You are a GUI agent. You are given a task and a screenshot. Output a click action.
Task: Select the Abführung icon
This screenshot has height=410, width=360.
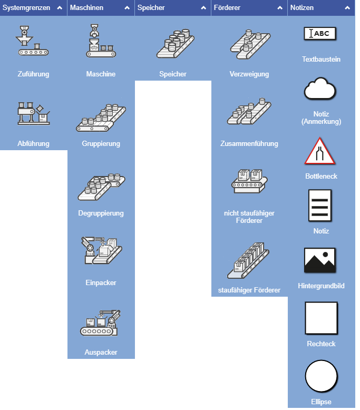(x=33, y=113)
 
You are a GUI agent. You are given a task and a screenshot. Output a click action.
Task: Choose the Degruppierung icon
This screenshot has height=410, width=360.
(x=101, y=187)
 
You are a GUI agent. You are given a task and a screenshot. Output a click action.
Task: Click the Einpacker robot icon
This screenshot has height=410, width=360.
(x=101, y=251)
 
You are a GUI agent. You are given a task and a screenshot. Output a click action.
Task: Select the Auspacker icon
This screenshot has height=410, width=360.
(x=101, y=323)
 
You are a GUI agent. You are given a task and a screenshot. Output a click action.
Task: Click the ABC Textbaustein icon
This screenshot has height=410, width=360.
(x=321, y=34)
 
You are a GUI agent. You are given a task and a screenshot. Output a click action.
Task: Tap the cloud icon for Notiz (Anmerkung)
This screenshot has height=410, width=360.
(x=321, y=89)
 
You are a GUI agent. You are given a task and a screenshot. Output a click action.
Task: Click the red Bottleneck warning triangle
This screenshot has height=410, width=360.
(x=321, y=152)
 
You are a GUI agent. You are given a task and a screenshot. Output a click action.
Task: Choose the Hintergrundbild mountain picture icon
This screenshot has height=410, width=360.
(x=321, y=260)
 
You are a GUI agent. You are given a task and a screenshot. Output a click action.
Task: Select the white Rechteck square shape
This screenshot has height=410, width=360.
(x=321, y=318)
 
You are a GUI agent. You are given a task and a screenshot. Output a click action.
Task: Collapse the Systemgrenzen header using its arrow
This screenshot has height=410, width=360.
(x=60, y=8)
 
